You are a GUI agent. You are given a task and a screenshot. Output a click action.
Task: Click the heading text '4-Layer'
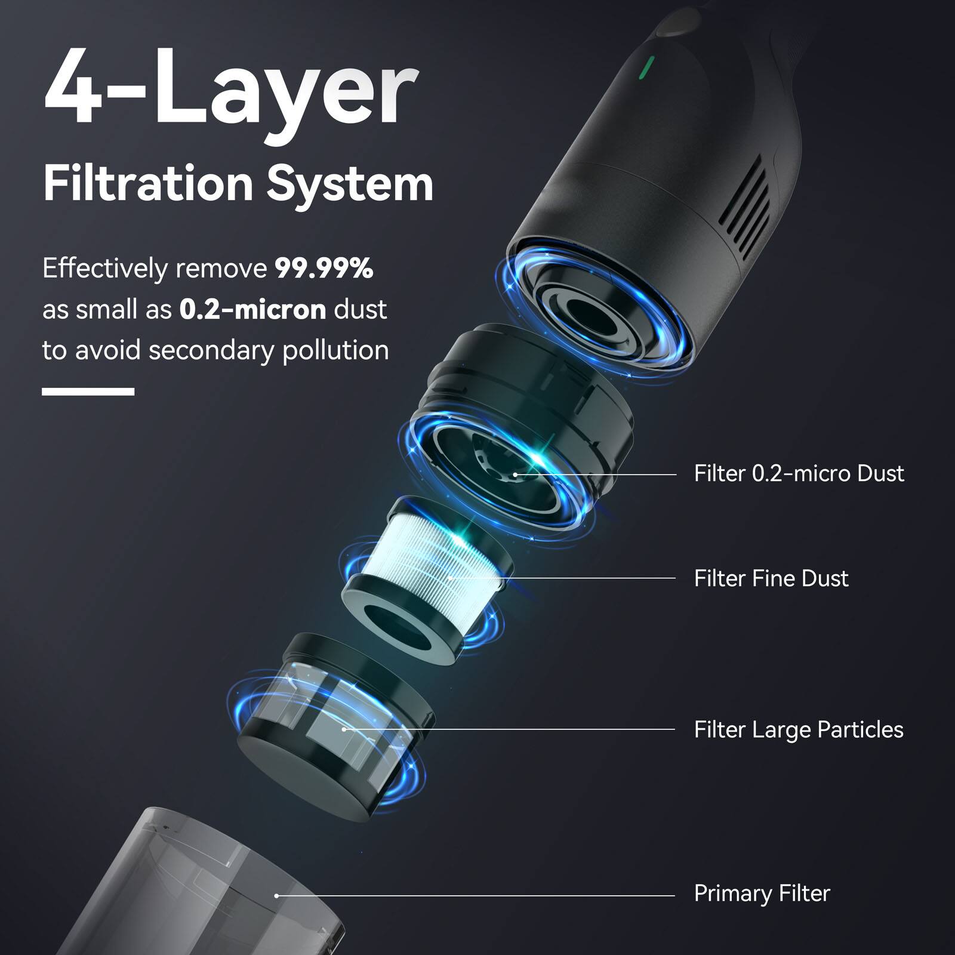(230, 90)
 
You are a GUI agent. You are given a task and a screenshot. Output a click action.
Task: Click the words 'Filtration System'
(238, 184)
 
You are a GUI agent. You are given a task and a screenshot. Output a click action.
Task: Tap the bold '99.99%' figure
(324, 269)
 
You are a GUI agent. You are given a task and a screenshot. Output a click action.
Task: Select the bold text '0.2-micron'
(252, 309)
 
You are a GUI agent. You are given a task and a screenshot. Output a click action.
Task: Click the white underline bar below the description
(88, 392)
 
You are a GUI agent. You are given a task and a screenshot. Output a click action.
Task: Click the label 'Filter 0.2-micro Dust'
(799, 473)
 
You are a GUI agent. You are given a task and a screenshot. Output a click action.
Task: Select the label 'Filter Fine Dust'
(771, 578)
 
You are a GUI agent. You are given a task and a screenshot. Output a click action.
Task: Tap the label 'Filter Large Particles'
(799, 729)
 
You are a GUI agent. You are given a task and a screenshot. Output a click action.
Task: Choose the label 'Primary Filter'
(762, 894)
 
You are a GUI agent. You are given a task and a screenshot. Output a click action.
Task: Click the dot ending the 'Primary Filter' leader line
(276, 896)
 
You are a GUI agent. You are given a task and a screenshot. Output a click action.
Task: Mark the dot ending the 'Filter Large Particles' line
(344, 729)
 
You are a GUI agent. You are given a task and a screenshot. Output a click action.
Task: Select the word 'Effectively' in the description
(105, 269)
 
